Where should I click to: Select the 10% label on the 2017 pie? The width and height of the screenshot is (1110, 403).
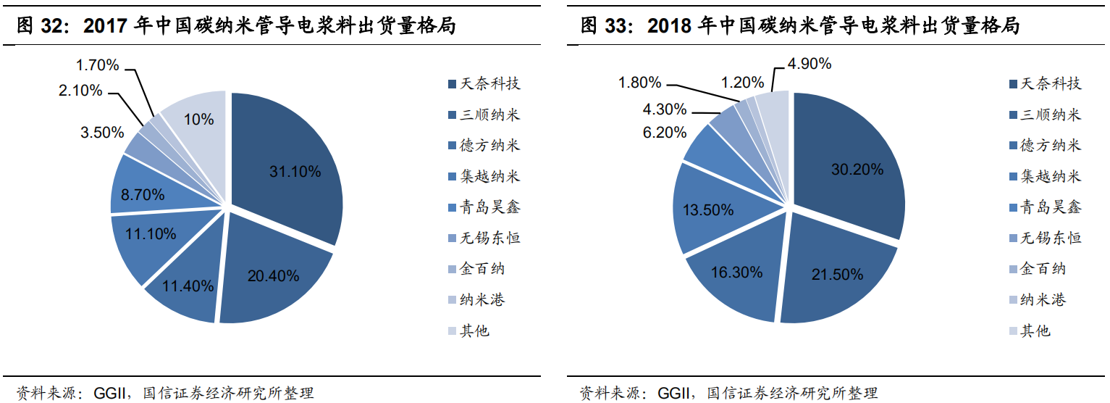[x=198, y=120]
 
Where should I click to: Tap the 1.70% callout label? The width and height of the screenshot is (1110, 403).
[x=97, y=65]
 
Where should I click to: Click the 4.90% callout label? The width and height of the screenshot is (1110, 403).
[x=809, y=63]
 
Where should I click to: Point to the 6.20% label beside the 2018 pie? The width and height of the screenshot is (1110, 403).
[x=664, y=133]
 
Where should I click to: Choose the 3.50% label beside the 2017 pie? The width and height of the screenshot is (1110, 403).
[x=102, y=133]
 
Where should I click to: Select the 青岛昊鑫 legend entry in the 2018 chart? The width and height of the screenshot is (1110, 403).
[x=1051, y=207]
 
